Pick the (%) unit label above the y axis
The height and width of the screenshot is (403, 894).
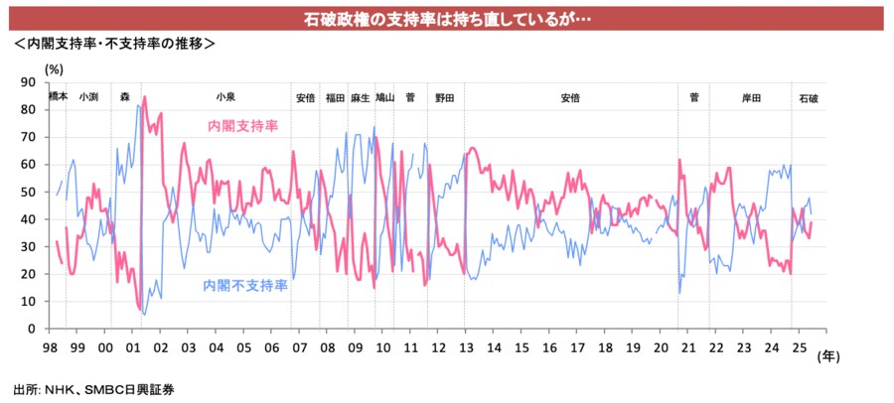click(x=54, y=68)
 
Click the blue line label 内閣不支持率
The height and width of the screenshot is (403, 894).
click(x=245, y=286)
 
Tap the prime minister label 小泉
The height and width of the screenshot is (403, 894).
click(x=225, y=97)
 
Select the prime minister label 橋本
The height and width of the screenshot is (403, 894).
click(x=59, y=96)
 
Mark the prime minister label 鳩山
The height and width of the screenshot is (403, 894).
click(x=384, y=97)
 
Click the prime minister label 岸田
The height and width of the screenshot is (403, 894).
click(x=751, y=97)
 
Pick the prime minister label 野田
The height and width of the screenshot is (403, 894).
click(x=444, y=97)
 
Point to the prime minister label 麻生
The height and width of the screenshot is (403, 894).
click(x=361, y=97)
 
